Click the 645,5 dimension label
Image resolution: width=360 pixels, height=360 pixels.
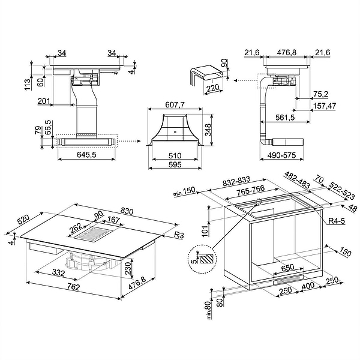(87, 155)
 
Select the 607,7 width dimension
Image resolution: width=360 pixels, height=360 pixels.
(175, 104)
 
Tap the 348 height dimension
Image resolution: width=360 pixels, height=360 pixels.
(208, 130)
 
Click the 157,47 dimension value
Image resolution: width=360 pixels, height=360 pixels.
(325, 106)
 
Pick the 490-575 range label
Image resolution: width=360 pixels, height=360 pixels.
(281, 155)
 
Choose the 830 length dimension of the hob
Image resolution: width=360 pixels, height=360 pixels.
(127, 211)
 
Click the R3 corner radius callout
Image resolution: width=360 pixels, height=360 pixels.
(179, 235)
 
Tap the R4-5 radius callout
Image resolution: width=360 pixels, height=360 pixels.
(337, 221)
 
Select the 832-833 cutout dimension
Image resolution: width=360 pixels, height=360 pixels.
(236, 181)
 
